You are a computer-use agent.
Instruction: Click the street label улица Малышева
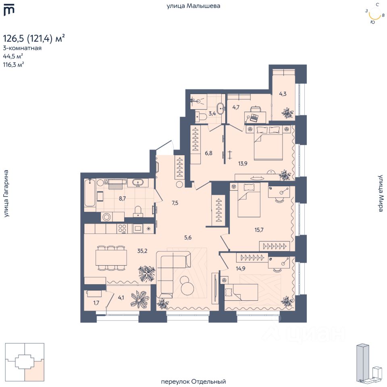pyautogui.click(x=193, y=6)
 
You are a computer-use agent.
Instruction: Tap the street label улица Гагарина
pyautogui.click(x=6, y=193)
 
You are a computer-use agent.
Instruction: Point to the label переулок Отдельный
pyautogui.click(x=193, y=382)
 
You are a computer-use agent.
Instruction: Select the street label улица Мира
pyautogui.click(x=381, y=193)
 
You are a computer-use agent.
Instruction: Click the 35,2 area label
pyautogui.click(x=142, y=251)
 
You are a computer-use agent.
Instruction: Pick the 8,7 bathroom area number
pyautogui.click(x=122, y=198)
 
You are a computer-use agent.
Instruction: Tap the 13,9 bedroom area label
pyautogui.click(x=243, y=163)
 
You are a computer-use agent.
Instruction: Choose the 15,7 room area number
pyautogui.click(x=259, y=230)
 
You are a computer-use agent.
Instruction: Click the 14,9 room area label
pyautogui.click(x=240, y=268)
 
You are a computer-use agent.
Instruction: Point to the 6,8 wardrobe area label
pyautogui.click(x=208, y=153)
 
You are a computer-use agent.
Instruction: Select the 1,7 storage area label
pyautogui.click(x=96, y=303)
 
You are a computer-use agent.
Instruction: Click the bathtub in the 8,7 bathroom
pyautogui.click(x=89, y=193)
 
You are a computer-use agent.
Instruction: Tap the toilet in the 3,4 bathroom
pyautogui.click(x=201, y=116)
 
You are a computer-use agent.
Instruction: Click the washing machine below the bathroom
pyautogui.click(x=106, y=217)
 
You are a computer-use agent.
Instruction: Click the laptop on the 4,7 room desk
pyautogui.click(x=254, y=118)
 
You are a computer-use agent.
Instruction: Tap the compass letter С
pyautogui.click(x=378, y=4)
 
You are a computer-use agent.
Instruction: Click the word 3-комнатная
pyautogui.click(x=22, y=48)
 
